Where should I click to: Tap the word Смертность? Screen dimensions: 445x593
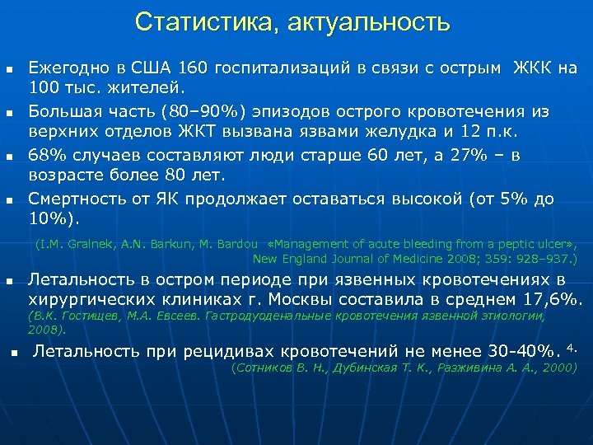[79, 198]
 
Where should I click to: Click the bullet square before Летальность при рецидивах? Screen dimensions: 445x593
[14, 353]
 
